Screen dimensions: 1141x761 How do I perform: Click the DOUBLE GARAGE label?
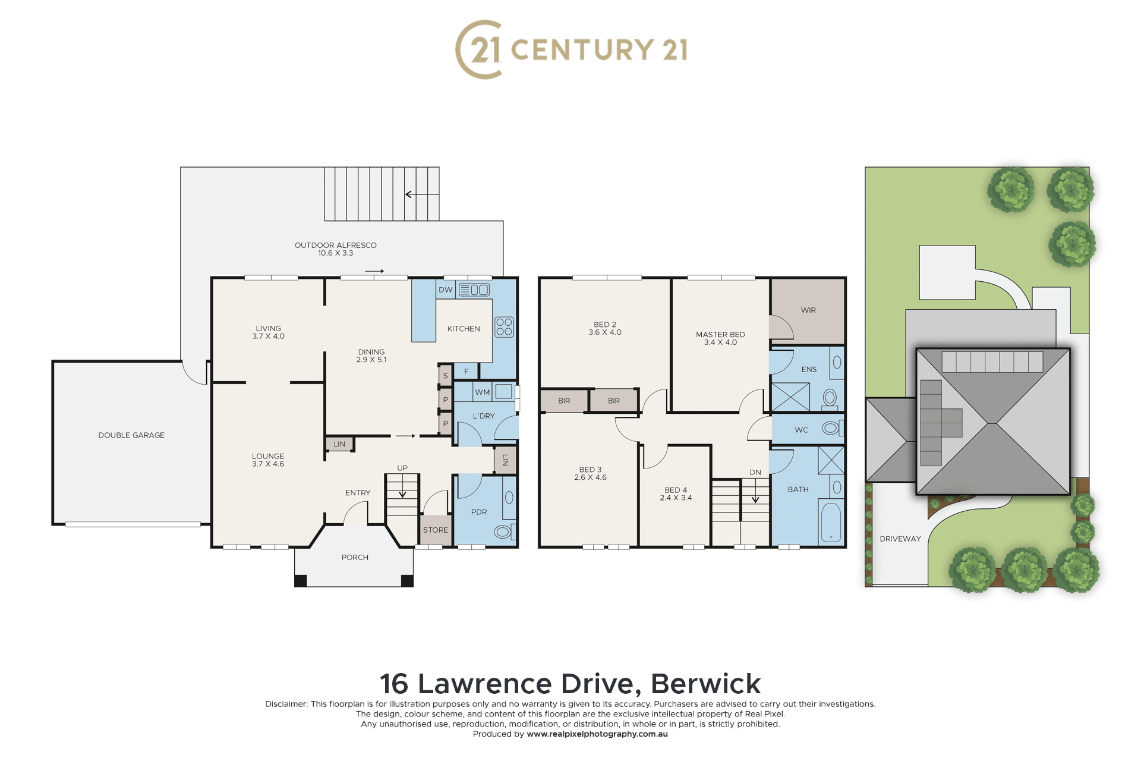pyautogui.click(x=131, y=435)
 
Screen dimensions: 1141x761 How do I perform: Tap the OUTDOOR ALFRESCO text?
pyautogui.click(x=336, y=245)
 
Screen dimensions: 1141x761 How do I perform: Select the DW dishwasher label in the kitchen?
pyautogui.click(x=446, y=290)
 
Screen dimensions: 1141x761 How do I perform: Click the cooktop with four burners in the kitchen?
pyautogui.click(x=504, y=327)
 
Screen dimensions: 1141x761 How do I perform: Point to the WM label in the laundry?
pyautogui.click(x=483, y=392)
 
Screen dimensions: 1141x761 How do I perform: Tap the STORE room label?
pyautogui.click(x=436, y=530)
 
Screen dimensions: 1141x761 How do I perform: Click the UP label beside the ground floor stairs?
pyautogui.click(x=402, y=468)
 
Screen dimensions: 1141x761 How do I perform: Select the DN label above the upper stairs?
pyautogui.click(x=755, y=473)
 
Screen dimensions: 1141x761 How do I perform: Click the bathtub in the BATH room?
pyautogui.click(x=831, y=523)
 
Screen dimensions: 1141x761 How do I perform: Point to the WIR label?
pyautogui.click(x=808, y=310)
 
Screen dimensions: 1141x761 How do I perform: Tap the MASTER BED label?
pyautogui.click(x=720, y=335)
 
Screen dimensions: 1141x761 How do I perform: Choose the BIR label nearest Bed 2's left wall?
pyautogui.click(x=564, y=401)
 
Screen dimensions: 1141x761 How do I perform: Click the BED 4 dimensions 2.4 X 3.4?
pyautogui.click(x=676, y=498)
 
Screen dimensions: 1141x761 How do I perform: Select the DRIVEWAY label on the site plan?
pyautogui.click(x=900, y=539)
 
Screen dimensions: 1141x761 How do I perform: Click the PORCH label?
pyautogui.click(x=355, y=558)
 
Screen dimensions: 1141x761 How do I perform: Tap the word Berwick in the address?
pyautogui.click(x=706, y=684)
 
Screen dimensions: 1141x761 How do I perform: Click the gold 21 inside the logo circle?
pyautogui.click(x=486, y=49)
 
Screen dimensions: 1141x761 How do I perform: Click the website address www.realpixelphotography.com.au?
pyautogui.click(x=597, y=734)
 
